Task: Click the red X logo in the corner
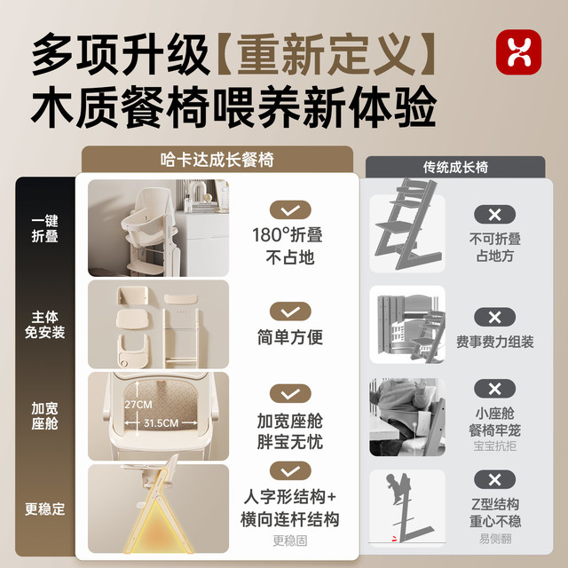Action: tap(518, 52)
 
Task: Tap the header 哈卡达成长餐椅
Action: tap(217, 160)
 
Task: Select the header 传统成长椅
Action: tap(455, 168)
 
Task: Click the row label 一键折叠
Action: tap(44, 228)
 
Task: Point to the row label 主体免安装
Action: tap(44, 325)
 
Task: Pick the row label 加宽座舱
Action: tap(44, 416)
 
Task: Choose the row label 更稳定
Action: tap(44, 509)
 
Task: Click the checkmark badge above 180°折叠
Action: tap(290, 210)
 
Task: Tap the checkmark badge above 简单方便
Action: tap(290, 312)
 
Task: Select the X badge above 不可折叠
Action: tap(494, 215)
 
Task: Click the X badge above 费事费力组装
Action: tap(494, 318)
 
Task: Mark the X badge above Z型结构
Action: tap(494, 480)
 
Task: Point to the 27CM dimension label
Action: tap(138, 405)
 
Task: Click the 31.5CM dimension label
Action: tap(161, 423)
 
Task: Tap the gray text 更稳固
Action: tap(290, 540)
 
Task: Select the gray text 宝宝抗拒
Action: tap(494, 446)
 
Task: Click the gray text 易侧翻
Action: tap(495, 539)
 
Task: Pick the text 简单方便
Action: tap(290, 337)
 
